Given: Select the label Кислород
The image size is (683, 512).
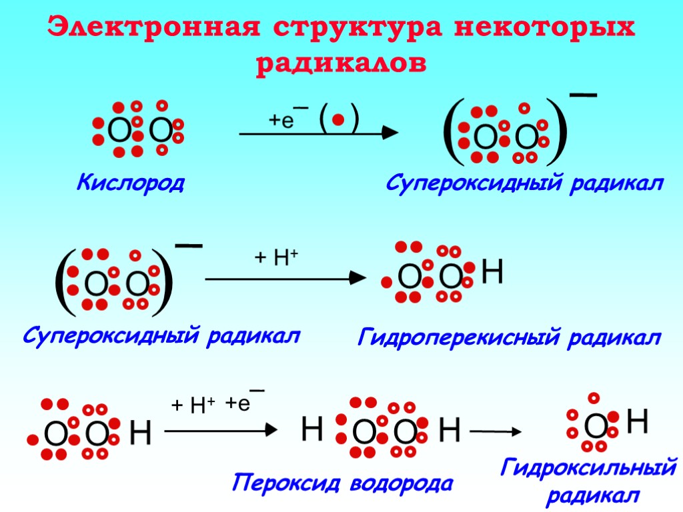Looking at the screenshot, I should (131, 181).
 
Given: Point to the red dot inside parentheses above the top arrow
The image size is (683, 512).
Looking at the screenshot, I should (338, 120).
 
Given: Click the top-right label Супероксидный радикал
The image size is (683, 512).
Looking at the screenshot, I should (525, 183).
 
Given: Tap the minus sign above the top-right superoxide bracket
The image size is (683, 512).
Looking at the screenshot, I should (583, 97).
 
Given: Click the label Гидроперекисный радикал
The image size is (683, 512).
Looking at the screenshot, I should (509, 338).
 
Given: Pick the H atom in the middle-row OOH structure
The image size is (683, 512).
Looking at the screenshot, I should (492, 273).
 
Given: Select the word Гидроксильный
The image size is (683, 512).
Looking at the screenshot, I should (589, 469).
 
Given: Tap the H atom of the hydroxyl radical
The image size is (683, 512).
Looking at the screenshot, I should (638, 421).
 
